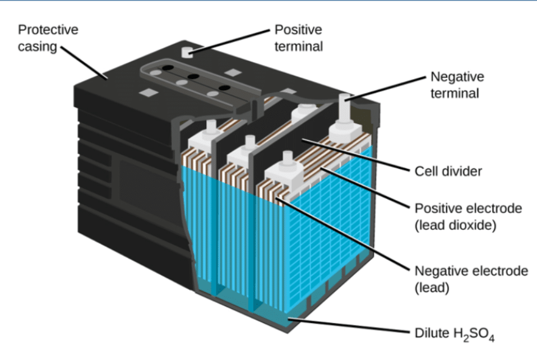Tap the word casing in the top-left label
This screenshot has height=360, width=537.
(38, 47)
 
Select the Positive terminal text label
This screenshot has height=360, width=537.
(298, 38)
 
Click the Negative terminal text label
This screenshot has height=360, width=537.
(456, 85)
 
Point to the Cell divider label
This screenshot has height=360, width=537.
(448, 171)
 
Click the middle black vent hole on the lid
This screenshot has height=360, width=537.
(194, 76)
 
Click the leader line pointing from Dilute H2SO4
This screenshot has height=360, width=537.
(348, 326)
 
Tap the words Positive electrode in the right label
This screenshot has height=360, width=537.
(468, 209)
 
